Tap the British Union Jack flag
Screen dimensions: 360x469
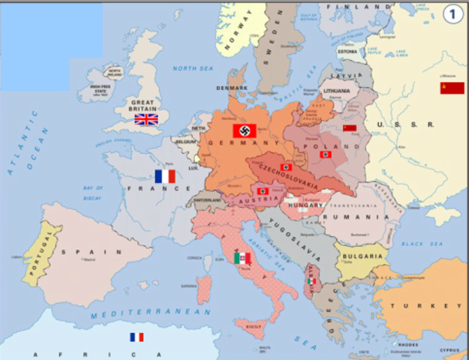(x=146, y=118)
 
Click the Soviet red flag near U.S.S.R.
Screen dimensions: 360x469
(x=452, y=88)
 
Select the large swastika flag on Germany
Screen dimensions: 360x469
(x=245, y=130)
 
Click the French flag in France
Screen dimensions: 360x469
(x=164, y=176)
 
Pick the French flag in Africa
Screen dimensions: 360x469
(x=137, y=337)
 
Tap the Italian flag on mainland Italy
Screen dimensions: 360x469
(x=242, y=258)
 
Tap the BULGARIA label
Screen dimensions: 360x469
(x=363, y=256)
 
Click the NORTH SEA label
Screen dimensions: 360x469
(x=194, y=68)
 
